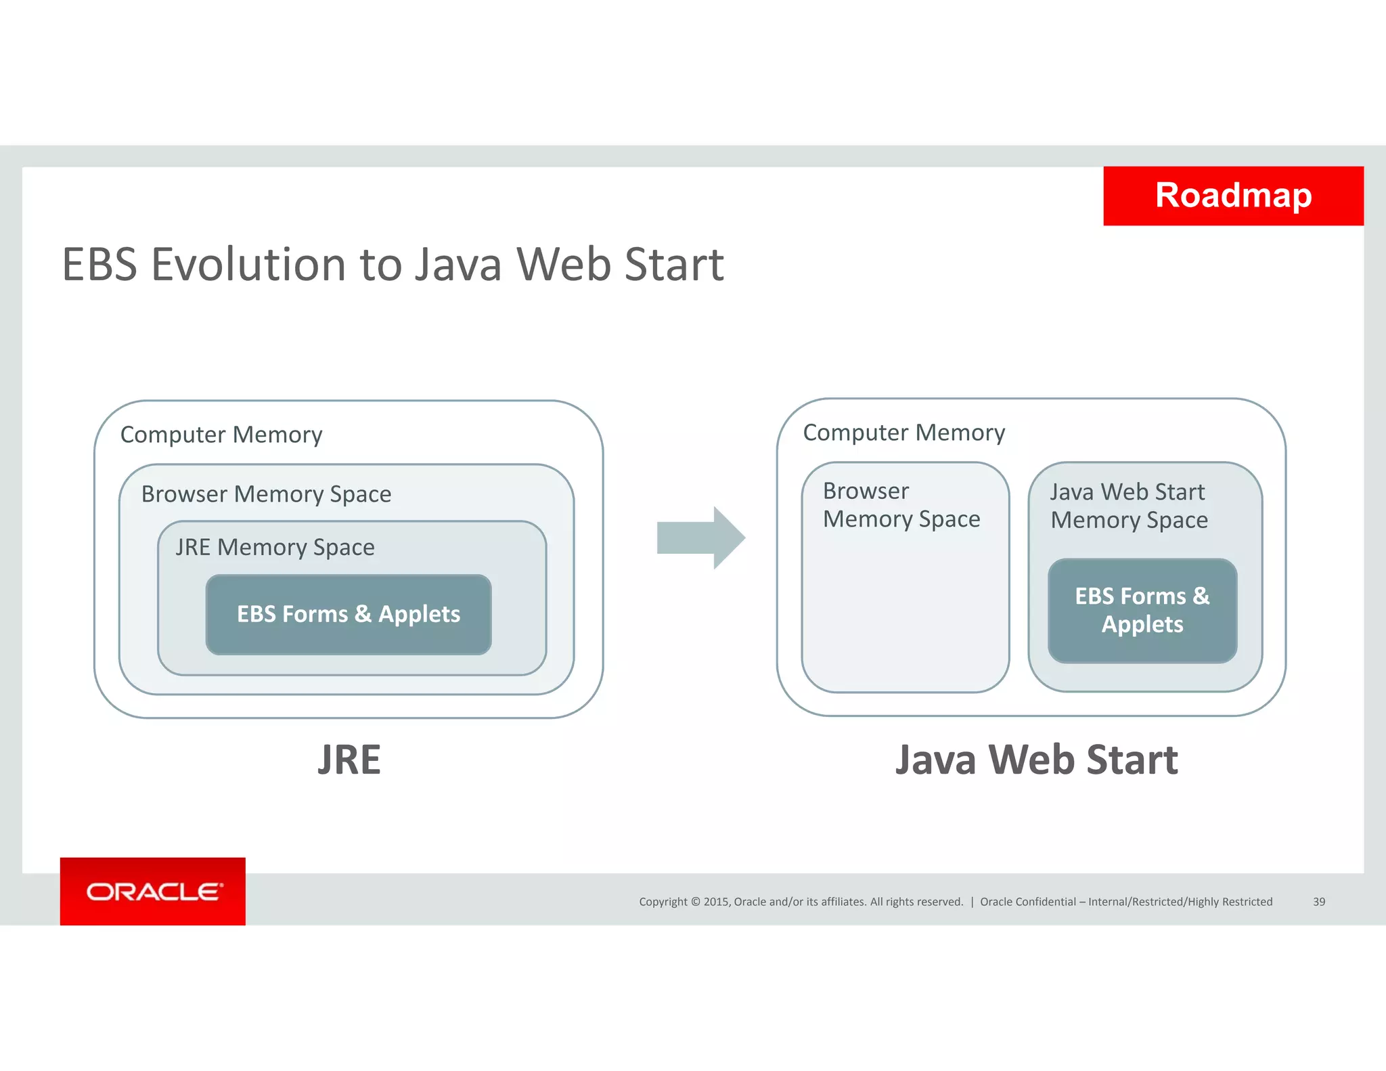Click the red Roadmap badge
point(1233,196)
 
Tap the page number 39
point(1318,902)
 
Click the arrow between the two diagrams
point(700,538)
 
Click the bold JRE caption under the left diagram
point(349,760)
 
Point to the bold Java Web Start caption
point(1036,760)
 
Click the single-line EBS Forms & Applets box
point(349,614)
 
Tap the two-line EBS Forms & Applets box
point(1142,610)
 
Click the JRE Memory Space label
point(275,547)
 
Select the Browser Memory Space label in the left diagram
point(266,494)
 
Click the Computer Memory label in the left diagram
point(221,435)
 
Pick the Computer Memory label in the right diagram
point(903,433)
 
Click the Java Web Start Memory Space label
point(1129,506)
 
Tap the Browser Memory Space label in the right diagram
point(901,505)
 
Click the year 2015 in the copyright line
point(716,902)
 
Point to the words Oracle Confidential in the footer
point(1027,902)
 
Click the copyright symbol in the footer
point(694,902)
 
